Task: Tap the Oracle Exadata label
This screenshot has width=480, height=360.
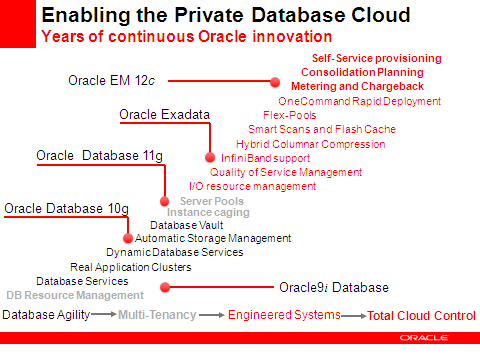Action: [x=164, y=115]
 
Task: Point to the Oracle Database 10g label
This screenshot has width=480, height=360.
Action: [x=66, y=208]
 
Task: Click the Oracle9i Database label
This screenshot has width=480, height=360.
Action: [x=334, y=288]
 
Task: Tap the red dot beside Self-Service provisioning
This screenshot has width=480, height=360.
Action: [x=275, y=82]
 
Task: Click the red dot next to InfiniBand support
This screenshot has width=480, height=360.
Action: [x=210, y=158]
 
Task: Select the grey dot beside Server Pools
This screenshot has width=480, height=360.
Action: [x=168, y=200]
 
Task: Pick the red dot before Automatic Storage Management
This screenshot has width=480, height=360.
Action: [x=128, y=238]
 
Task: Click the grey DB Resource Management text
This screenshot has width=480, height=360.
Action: [x=75, y=295]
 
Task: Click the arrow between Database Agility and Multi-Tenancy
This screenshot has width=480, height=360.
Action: [x=104, y=315]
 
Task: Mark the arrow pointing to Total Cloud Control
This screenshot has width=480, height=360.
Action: [x=354, y=316]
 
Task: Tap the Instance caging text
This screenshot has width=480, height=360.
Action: [x=209, y=212]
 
